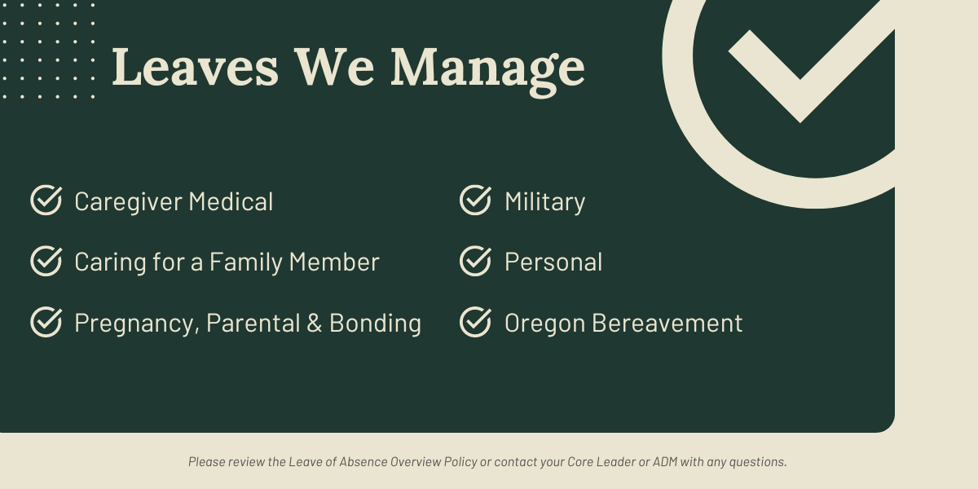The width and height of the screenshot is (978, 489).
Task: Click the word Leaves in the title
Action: pos(195,67)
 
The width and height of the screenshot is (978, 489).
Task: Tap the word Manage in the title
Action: pos(487,71)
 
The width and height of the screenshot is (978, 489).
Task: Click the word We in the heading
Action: pos(334,67)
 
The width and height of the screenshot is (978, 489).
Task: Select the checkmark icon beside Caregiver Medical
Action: pos(46,200)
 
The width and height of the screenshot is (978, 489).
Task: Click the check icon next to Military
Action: pos(475,200)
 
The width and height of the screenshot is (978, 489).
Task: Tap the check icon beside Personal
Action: pos(475,261)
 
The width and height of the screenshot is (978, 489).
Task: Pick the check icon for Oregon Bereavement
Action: pos(475,322)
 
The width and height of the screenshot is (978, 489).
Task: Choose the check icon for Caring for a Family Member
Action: pos(46,261)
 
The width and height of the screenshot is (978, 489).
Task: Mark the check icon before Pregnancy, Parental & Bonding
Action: pos(46,322)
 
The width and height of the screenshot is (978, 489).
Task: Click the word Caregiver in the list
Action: pos(129,203)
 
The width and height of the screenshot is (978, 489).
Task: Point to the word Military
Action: pos(545,203)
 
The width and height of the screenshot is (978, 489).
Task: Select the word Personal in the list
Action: pos(553,262)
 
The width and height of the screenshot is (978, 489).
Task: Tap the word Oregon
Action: pos(545,324)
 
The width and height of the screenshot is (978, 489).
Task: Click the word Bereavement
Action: pos(667,323)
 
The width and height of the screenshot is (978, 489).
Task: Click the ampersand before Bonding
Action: pos(315,323)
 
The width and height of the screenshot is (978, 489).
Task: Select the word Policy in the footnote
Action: pos(460,462)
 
